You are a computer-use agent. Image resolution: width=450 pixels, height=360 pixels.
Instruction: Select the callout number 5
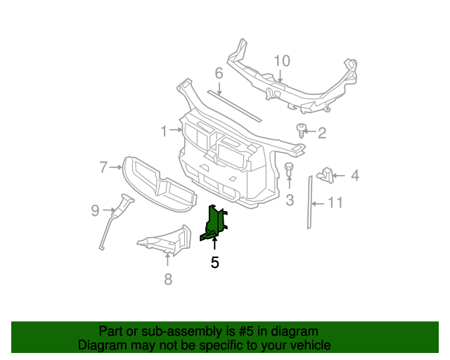[x=214, y=263]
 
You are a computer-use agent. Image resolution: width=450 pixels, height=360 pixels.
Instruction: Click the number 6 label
[x=219, y=73]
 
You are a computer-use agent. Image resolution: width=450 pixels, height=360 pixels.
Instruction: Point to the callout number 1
[x=164, y=131]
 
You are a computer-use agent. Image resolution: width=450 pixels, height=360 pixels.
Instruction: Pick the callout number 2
[x=323, y=133]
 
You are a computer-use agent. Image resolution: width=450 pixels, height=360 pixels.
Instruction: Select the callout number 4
[x=354, y=175]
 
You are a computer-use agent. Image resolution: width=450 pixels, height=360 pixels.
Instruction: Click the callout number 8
[x=167, y=280]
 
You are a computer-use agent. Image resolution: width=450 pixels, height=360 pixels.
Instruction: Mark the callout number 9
[x=95, y=209]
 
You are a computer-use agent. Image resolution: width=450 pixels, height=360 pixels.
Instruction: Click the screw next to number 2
[x=302, y=130]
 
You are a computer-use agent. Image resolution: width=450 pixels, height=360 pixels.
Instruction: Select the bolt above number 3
[x=289, y=169]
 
